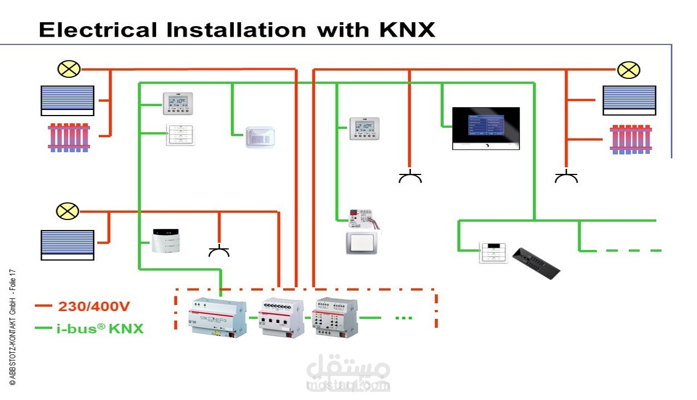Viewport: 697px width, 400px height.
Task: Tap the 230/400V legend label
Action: click(x=94, y=306)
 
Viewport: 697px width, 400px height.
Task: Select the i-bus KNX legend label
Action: click(x=99, y=328)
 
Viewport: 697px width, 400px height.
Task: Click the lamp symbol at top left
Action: click(x=69, y=69)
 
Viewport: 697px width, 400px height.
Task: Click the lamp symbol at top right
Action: click(x=628, y=70)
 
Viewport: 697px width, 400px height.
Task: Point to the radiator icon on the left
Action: click(x=68, y=137)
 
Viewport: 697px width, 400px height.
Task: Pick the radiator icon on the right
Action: click(x=630, y=139)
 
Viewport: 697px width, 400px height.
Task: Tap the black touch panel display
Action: click(x=485, y=128)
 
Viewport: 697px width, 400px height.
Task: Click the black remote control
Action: click(x=535, y=263)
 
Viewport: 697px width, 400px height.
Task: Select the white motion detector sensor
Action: click(x=260, y=137)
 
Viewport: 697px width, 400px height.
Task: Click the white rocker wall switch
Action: click(x=362, y=243)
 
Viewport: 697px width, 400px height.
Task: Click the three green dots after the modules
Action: click(x=403, y=318)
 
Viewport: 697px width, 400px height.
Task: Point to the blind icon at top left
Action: click(x=67, y=101)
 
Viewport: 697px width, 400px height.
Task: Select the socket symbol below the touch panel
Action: click(x=410, y=177)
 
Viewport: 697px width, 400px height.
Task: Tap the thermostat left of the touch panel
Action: click(x=364, y=128)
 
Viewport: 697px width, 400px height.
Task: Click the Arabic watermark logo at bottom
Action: click(x=348, y=375)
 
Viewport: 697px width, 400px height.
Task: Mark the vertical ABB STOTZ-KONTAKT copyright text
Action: click(x=12, y=328)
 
